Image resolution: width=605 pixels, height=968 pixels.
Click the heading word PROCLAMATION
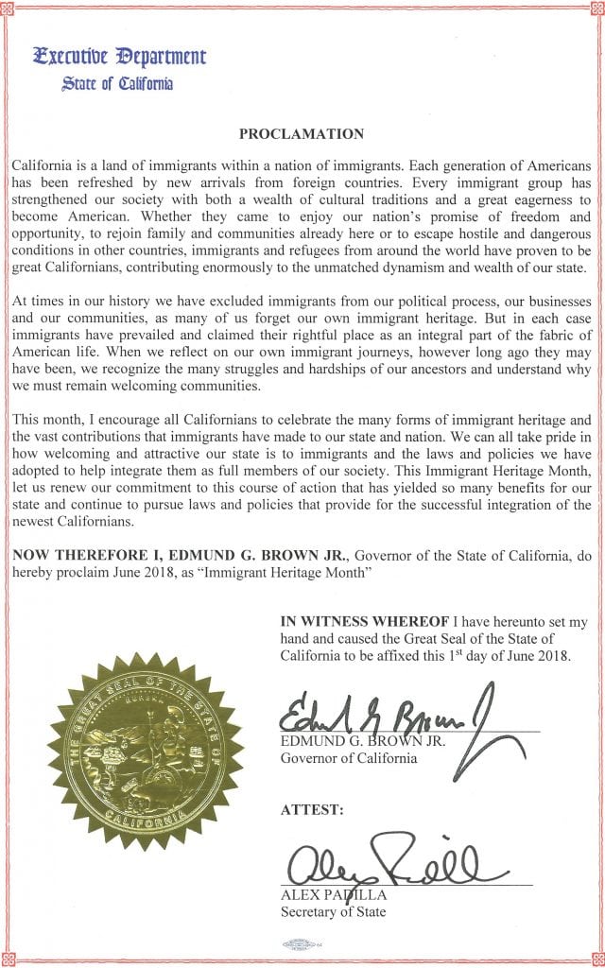(x=302, y=134)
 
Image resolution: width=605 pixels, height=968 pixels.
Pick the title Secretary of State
(x=334, y=912)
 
